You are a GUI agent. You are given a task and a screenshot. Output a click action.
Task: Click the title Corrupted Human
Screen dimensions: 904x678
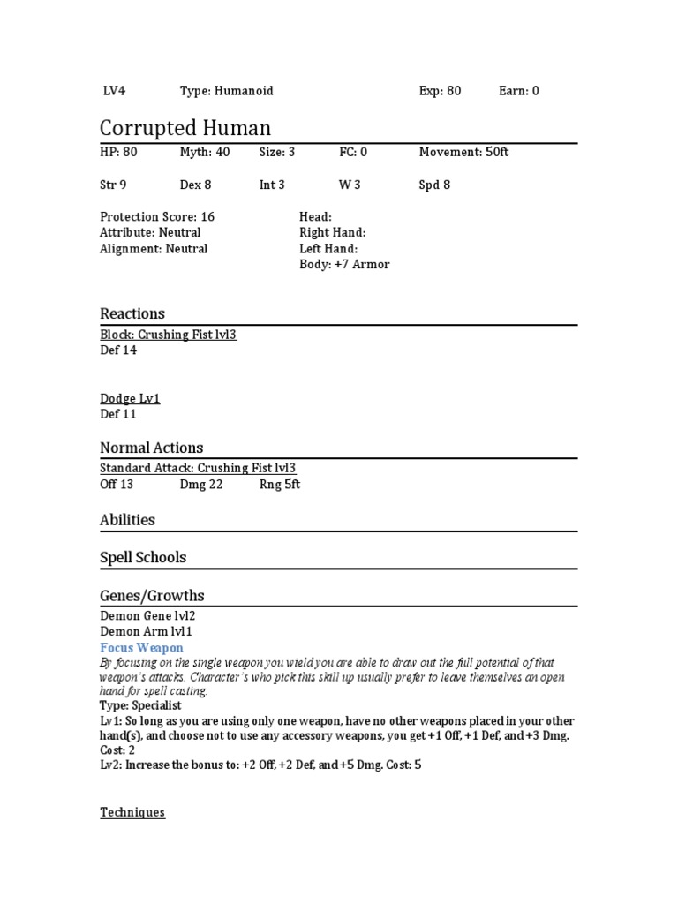185,128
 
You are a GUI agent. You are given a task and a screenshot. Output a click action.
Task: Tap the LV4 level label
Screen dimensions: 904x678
116,91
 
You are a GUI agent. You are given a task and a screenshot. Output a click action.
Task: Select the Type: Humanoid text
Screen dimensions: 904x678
227,91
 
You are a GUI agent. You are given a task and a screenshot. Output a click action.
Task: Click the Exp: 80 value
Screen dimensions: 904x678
440,91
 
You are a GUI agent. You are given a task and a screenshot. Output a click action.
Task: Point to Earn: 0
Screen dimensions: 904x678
519,91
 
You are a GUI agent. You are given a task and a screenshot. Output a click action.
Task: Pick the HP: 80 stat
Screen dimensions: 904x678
118,153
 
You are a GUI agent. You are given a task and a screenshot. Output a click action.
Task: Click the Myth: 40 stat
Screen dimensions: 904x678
205,153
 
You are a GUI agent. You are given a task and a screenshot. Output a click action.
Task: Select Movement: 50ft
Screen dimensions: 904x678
463,153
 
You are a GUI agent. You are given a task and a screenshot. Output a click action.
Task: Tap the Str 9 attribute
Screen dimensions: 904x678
113,185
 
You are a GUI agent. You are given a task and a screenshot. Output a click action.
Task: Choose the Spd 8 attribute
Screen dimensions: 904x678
434,185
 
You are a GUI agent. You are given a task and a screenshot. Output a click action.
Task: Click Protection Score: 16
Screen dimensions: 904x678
157,217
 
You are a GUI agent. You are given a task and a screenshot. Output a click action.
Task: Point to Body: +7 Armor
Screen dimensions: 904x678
344,265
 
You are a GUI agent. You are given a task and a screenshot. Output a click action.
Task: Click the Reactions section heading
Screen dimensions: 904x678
132,313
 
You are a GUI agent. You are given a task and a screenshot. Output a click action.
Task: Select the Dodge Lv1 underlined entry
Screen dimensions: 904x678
130,399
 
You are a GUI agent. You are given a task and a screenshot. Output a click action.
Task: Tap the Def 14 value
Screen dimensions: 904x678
118,350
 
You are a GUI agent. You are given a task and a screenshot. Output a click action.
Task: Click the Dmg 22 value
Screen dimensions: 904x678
201,485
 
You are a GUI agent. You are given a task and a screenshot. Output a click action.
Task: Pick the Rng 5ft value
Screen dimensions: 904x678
280,485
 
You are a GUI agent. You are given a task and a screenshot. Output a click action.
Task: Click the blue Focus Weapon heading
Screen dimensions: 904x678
141,648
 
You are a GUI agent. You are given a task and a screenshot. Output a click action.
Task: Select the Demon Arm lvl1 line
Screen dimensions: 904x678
146,632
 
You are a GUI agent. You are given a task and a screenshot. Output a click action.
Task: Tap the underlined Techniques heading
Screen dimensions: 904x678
132,812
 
